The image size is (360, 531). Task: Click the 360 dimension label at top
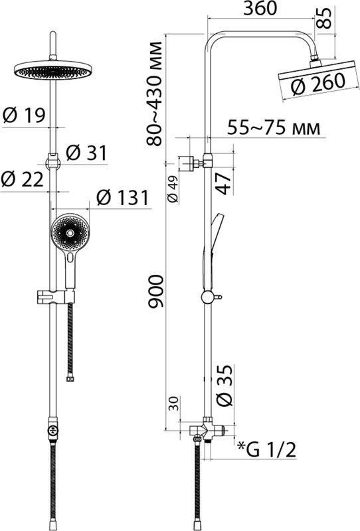(260, 9)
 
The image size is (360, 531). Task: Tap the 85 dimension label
(324, 19)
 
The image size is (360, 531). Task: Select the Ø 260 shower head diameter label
(318, 84)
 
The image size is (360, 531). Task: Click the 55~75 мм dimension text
(274, 128)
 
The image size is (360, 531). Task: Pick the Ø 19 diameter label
(24, 115)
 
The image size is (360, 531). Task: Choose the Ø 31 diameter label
(86, 153)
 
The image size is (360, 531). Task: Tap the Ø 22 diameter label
(23, 179)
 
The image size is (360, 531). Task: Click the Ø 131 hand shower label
(122, 197)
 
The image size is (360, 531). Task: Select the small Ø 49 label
(173, 189)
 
